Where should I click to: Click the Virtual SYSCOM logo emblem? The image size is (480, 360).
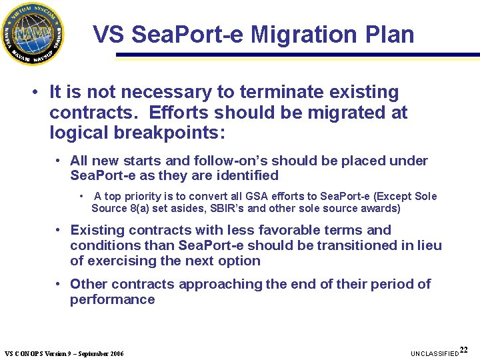click(33, 33)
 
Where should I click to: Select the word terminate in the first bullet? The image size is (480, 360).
click(261, 92)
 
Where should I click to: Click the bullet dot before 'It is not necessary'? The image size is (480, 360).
click(34, 93)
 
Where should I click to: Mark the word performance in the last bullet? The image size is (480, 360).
click(112, 299)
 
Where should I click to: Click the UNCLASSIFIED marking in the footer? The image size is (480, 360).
click(435, 353)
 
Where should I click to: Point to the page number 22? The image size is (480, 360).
click(464, 349)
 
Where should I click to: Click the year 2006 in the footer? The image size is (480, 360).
click(115, 353)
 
